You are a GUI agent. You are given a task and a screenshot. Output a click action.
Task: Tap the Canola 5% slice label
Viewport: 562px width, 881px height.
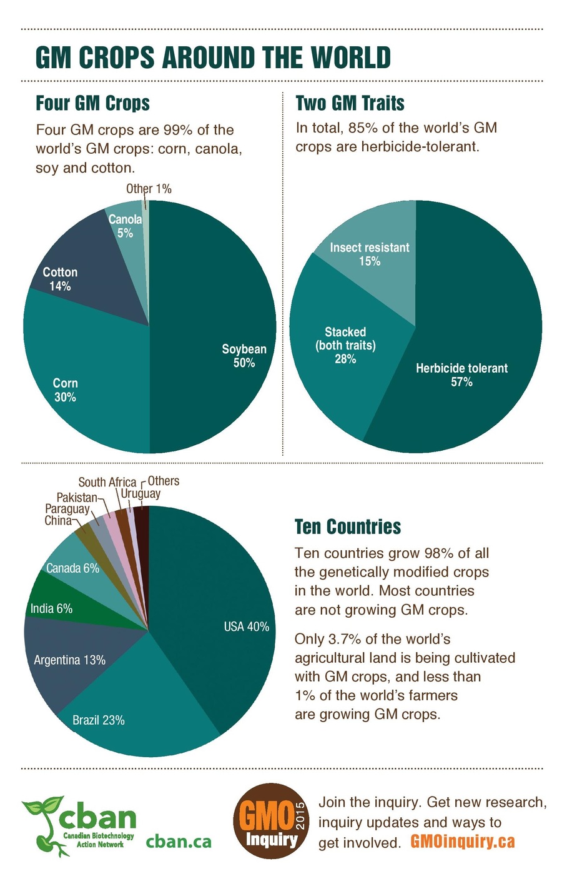126,226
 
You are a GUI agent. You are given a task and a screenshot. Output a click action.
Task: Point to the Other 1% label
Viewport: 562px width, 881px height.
149,188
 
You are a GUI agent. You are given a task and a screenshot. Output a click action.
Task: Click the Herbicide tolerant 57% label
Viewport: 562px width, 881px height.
461,375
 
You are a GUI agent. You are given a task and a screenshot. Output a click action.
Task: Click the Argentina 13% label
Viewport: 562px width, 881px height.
69,660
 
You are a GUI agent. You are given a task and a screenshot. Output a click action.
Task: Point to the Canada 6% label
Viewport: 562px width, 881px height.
72,568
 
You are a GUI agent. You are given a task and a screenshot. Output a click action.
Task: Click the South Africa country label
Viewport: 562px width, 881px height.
107,481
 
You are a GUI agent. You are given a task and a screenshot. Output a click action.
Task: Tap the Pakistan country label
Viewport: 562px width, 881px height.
77,497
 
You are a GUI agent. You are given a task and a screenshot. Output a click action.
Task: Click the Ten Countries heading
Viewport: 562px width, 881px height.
347,526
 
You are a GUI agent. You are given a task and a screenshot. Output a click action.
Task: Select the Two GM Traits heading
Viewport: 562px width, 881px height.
350,103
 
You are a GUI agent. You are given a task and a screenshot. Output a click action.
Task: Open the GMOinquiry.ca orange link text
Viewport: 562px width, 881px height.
462,842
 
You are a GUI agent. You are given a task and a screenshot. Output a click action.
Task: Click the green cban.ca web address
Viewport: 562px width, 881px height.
179,842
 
